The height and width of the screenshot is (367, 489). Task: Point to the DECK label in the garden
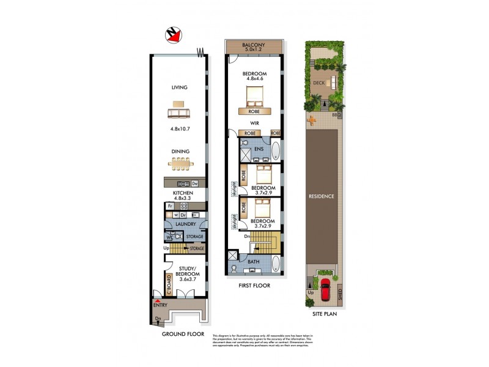[318, 83]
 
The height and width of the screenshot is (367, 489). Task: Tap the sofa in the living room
[178, 114]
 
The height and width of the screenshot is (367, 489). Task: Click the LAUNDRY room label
[185, 224]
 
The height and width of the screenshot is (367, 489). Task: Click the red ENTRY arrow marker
[158, 302]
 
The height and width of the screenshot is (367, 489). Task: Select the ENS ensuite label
[259, 149]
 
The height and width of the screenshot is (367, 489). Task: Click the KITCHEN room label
[183, 193]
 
